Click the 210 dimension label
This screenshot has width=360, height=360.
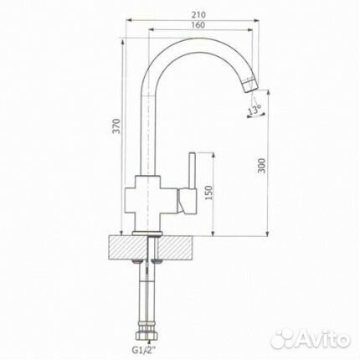(198, 15)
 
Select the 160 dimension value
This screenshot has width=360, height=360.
(198, 25)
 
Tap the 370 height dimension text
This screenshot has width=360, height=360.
(117, 126)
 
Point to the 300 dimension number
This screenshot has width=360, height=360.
(261, 166)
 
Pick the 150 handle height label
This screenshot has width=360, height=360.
(208, 193)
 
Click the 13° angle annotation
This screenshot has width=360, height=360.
(255, 110)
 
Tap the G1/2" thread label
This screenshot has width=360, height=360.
(144, 349)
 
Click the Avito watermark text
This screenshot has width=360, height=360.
(324, 338)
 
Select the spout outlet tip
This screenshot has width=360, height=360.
(251, 85)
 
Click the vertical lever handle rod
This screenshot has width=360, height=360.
(193, 170)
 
